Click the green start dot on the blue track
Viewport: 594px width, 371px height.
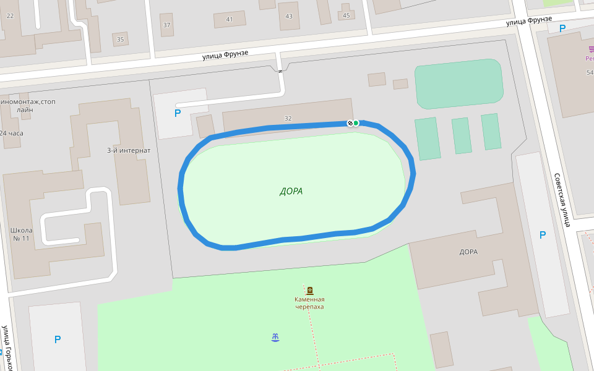click(x=356, y=123)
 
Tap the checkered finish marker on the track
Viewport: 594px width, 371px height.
click(x=350, y=123)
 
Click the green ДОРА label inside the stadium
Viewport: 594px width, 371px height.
click(x=291, y=191)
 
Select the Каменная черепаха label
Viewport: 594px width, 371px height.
click(x=309, y=303)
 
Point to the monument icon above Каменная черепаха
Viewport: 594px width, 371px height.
click(x=309, y=290)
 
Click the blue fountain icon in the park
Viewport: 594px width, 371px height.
click(x=275, y=337)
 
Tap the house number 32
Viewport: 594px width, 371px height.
click(x=288, y=118)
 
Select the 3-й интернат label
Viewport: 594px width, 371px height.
click(x=129, y=150)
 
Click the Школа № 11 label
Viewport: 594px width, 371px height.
click(x=22, y=235)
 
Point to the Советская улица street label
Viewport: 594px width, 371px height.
click(x=561, y=200)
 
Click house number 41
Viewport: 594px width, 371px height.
click(x=230, y=19)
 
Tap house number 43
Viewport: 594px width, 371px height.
click(x=289, y=16)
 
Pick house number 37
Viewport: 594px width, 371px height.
click(x=166, y=25)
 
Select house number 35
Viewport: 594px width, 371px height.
click(x=120, y=40)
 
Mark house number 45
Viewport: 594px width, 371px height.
click(x=346, y=15)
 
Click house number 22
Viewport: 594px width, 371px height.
click(x=9, y=15)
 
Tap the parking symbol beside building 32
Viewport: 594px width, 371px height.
click(x=178, y=113)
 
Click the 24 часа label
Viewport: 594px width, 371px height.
click(x=11, y=133)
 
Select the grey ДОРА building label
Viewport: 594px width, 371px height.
click(x=468, y=252)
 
